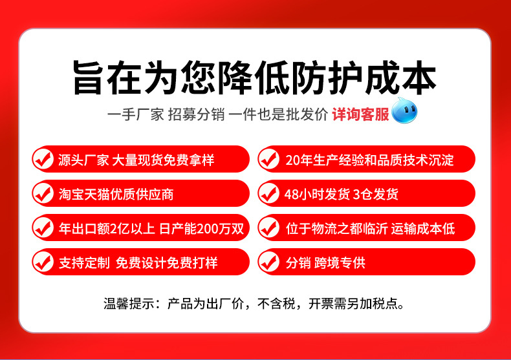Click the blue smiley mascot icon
click(404, 112)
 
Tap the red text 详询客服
click(360, 115)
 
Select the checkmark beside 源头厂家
click(43, 159)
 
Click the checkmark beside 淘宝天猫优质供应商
click(43, 193)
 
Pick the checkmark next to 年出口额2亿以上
click(43, 228)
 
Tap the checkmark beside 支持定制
click(43, 262)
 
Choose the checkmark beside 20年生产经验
click(268, 159)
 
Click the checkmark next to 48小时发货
click(268, 193)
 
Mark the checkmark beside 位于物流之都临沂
click(268, 228)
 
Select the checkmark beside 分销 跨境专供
click(268, 262)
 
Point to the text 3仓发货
click(376, 194)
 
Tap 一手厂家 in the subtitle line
click(135, 115)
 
